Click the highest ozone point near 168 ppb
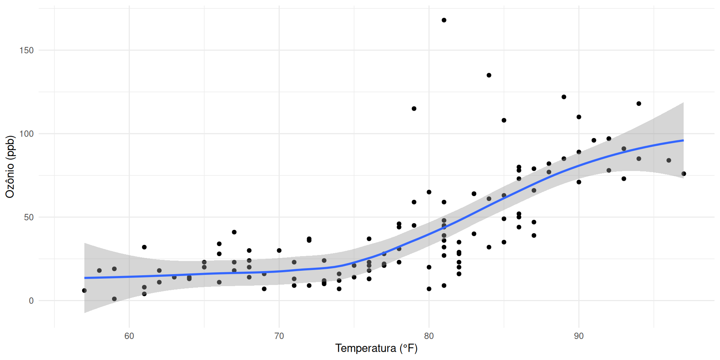pos(444,20)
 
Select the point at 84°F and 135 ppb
pos(489,75)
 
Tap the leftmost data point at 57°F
pos(84,291)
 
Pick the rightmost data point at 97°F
pos(684,174)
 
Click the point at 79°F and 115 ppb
pos(414,109)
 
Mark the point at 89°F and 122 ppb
pos(564,97)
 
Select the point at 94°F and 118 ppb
pos(639,103)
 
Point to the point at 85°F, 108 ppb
pos(504,120)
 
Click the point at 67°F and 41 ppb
pos(234,232)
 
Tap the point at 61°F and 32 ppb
pos(144,247)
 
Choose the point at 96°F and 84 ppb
pos(669,160)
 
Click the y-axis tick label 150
pos(27,50)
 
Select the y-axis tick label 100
pos(27,134)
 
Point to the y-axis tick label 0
pos(31,301)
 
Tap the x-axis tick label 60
pos(129,336)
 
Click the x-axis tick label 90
pos(579,336)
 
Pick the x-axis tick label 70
pos(279,336)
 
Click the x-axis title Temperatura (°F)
pos(376,348)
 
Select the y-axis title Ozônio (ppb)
pos(10,167)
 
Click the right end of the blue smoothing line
pos(683,140)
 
